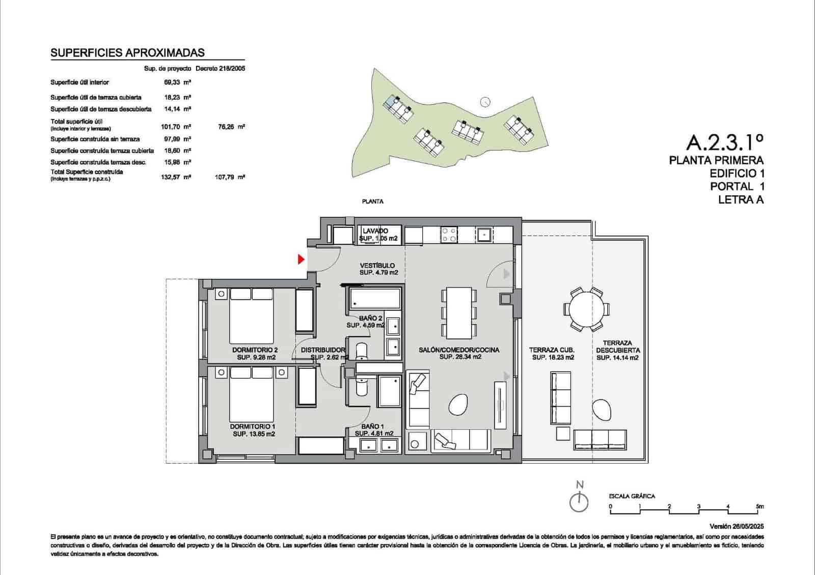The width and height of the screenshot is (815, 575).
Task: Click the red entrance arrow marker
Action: [x=301, y=260]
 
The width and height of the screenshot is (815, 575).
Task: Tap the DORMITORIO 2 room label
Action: [x=255, y=350]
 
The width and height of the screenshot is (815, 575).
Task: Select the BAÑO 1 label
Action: [x=373, y=426]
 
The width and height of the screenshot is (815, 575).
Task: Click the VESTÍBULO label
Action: [x=377, y=266]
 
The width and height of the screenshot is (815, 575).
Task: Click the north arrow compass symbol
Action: [x=579, y=502]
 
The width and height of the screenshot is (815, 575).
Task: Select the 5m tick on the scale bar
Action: [x=760, y=507]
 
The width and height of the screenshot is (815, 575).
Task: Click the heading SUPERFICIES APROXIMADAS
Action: [x=128, y=52]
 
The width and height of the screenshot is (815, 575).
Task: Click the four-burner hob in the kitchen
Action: [x=449, y=235]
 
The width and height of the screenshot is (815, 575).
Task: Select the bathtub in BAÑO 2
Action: [x=374, y=299]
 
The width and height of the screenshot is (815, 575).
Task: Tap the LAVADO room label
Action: [x=375, y=231]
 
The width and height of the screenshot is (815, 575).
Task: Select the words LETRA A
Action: [x=741, y=200]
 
